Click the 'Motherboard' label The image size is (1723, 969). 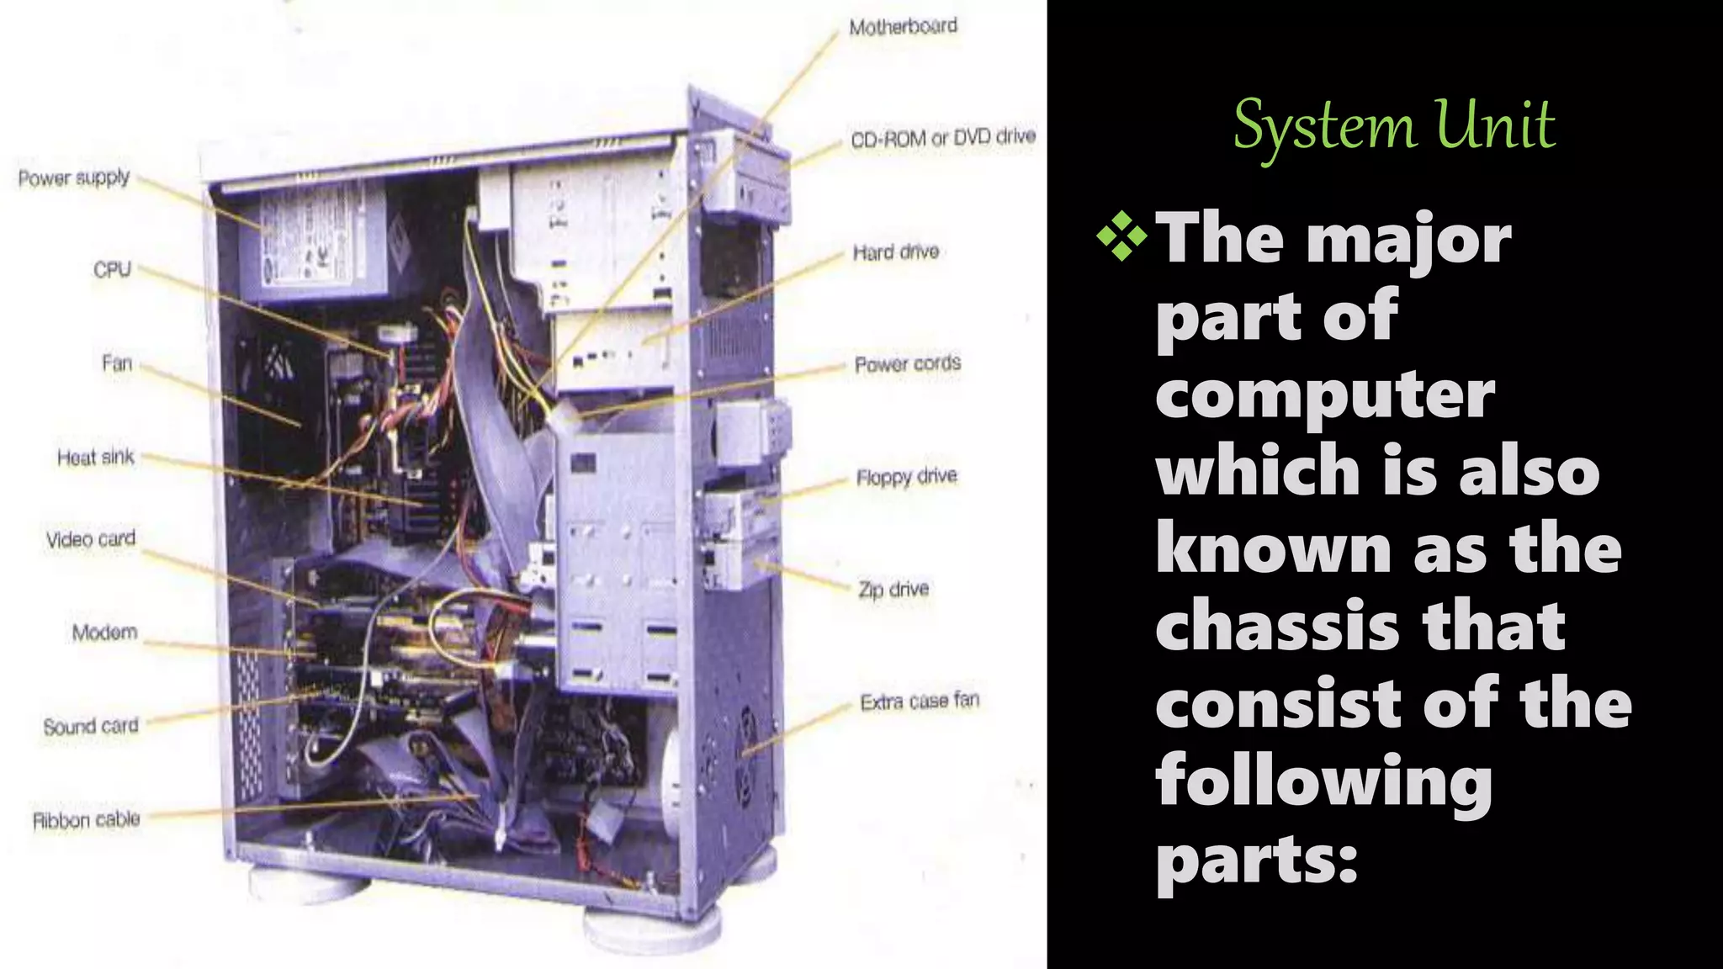pyautogui.click(x=903, y=27)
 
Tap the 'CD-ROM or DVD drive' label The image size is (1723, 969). pyautogui.click(x=942, y=138)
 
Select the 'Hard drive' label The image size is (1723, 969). pyautogui.click(x=895, y=252)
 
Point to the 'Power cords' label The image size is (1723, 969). pyautogui.click(x=907, y=364)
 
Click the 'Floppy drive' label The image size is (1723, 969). pyautogui.click(x=906, y=477)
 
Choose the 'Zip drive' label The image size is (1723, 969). pyautogui.click(x=893, y=589)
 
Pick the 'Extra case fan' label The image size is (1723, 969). pyautogui.click(x=919, y=701)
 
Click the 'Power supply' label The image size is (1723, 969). pyautogui.click(x=74, y=178)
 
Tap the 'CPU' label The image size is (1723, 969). pyautogui.click(x=112, y=270)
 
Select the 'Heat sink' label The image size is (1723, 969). pyautogui.click(x=95, y=458)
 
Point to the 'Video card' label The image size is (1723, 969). pyautogui.click(x=90, y=539)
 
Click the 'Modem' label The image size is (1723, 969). pyautogui.click(x=104, y=633)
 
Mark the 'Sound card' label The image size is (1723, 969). pyautogui.click(x=90, y=726)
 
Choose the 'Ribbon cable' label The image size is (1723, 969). pyautogui.click(x=86, y=820)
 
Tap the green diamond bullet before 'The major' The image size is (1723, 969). pyautogui.click(x=1121, y=236)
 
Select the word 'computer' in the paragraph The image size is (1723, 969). pyautogui.click(x=1325, y=394)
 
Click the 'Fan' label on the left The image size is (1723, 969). pyautogui.click(x=117, y=363)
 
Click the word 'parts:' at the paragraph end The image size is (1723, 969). pyautogui.click(x=1257, y=860)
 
